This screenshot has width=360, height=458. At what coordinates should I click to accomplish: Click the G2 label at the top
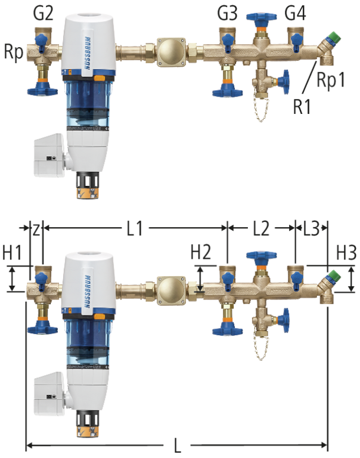[44, 14]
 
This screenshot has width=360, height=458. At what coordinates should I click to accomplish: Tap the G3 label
[228, 14]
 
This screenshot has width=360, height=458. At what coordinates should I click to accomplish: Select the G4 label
[296, 14]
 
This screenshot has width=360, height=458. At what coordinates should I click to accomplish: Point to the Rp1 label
[331, 79]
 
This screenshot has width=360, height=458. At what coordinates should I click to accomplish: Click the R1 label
[302, 106]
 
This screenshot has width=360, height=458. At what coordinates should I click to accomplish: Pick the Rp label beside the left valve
[14, 52]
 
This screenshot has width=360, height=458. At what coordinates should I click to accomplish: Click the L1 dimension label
[135, 228]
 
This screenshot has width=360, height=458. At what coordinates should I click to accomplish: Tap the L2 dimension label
[261, 228]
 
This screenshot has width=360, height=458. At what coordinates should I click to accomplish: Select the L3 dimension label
[312, 228]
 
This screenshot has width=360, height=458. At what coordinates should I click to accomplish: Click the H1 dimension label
[13, 252]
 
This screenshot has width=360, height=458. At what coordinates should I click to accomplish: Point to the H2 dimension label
[201, 252]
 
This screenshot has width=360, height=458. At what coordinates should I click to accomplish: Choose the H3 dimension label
[346, 252]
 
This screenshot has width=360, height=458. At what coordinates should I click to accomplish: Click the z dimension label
[36, 230]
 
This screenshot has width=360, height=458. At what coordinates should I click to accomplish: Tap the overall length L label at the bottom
[177, 445]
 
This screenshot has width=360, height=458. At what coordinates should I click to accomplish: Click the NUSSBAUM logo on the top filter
[87, 52]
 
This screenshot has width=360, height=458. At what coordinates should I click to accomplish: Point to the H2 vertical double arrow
[200, 278]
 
